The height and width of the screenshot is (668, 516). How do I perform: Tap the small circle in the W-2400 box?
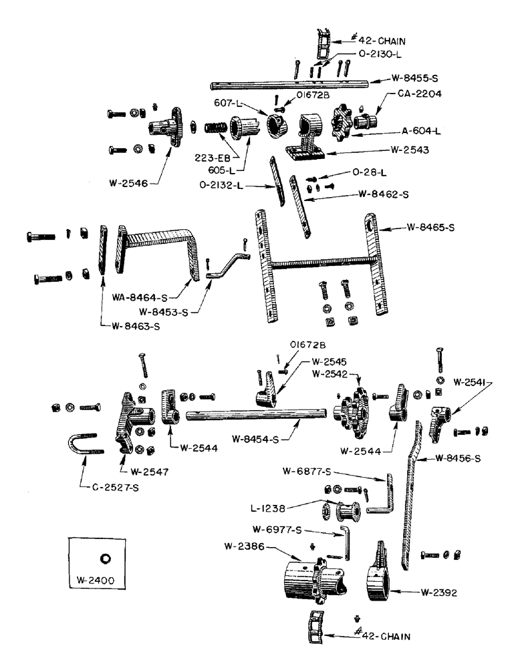tap(105, 558)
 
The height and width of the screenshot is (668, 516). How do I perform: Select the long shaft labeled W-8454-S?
tap(254, 416)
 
